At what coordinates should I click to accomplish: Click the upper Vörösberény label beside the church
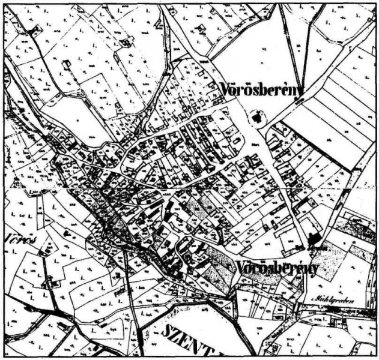tap(261, 88)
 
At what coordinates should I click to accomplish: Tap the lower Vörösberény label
tap(277, 268)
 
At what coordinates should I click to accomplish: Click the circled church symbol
tap(258, 118)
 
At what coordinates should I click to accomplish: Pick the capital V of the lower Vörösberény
tap(240, 266)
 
